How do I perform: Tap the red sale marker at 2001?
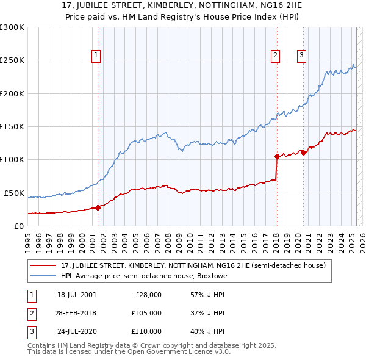[x=98, y=207]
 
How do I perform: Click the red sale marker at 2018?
[x=276, y=156]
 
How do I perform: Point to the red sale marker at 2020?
[x=303, y=153]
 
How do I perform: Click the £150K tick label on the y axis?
[x=12, y=127]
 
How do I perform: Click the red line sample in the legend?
[x=43, y=265]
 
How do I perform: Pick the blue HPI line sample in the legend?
[x=43, y=275]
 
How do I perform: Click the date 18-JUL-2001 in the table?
[x=76, y=295]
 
